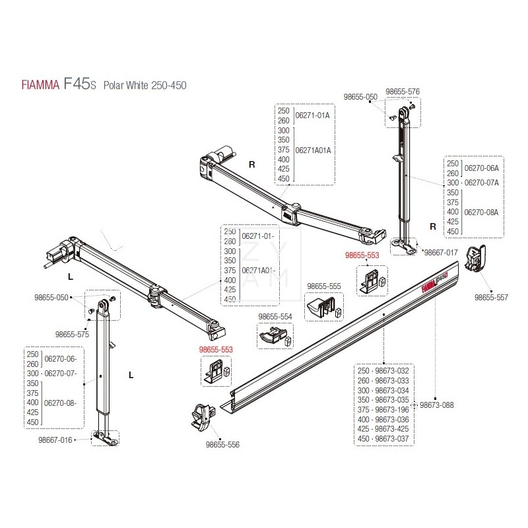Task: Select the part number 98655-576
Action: coord(403,91)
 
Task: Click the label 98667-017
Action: coord(440,252)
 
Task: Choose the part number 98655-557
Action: coord(491,298)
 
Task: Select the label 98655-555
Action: coord(323,286)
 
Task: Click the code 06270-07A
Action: coord(481,181)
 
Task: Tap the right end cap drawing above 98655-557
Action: coord(477,257)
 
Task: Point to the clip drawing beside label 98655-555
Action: coord(322,306)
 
